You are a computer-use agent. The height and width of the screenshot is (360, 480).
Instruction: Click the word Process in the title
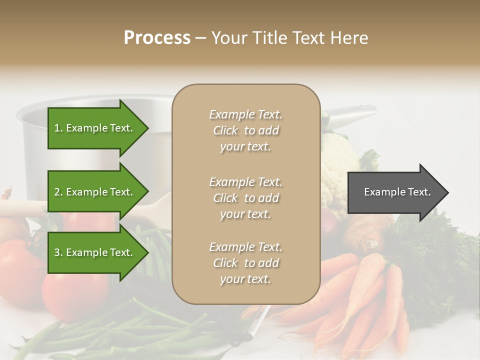point(157,38)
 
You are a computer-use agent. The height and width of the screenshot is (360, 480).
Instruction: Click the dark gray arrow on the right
point(395,192)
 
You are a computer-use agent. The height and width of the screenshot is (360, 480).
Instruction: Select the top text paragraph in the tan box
point(245,130)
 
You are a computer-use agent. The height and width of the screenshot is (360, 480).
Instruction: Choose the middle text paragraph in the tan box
point(245,198)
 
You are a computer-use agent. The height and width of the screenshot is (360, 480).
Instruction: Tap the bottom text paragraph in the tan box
point(245,263)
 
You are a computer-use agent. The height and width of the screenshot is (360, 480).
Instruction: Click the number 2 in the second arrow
point(57,192)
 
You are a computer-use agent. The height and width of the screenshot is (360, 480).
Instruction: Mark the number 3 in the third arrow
point(57,252)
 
